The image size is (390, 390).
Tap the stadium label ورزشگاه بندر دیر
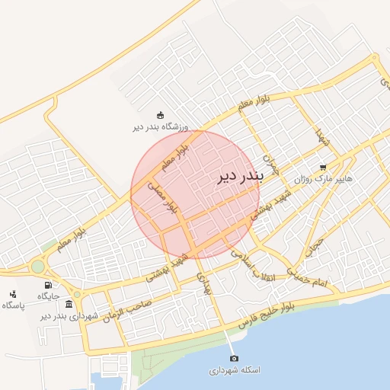(x=160, y=127)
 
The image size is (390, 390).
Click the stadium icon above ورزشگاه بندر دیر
(x=160, y=115)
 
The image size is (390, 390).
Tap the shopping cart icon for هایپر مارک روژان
(x=323, y=168)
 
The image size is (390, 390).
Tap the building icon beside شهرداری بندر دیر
(x=69, y=304)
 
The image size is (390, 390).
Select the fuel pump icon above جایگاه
(x=48, y=285)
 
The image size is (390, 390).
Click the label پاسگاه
(x=13, y=305)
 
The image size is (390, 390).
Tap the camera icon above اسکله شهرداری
(x=234, y=358)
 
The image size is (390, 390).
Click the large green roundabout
(x=37, y=267)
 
